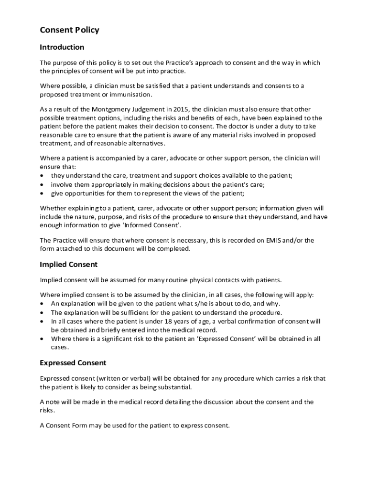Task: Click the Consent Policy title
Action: pos(69,30)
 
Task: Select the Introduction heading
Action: pos(62,47)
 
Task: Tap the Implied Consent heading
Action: pos(68,264)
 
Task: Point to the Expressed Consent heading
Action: pos(73,363)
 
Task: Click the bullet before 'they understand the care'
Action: pos(43,176)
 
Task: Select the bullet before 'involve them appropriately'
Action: pos(43,185)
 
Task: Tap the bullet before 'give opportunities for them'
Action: pos(43,193)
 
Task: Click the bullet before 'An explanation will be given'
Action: pos(43,304)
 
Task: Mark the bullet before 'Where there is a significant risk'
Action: pos(43,339)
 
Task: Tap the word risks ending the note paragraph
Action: pos(47,410)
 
